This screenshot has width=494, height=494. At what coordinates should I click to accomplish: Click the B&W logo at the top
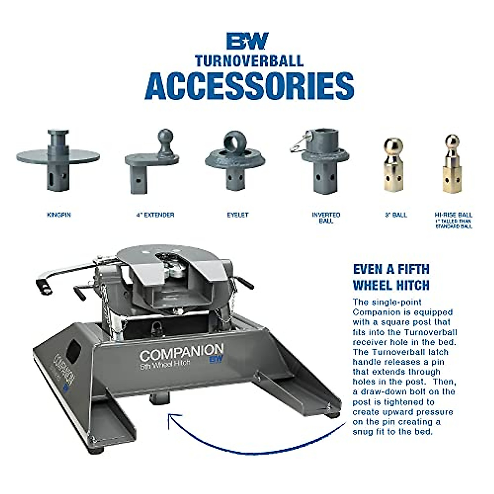tap(247, 41)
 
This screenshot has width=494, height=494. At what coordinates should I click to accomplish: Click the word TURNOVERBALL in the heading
tap(249, 61)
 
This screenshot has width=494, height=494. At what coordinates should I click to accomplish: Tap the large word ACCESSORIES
tap(249, 86)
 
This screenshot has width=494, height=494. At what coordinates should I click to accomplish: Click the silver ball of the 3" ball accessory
tap(393, 146)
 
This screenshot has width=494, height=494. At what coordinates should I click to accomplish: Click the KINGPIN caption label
tap(59, 215)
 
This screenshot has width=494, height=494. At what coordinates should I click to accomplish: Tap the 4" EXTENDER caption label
tap(155, 215)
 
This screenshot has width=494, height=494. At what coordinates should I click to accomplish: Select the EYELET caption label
tap(238, 215)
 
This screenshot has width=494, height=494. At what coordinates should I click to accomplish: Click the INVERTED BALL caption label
tap(326, 218)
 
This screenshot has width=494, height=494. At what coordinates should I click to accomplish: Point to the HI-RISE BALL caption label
tap(454, 215)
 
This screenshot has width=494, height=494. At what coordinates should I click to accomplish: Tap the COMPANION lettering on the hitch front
tap(181, 353)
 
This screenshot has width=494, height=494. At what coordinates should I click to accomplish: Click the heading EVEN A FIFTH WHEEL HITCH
tap(391, 277)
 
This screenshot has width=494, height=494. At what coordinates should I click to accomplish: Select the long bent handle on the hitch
tap(66, 273)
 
